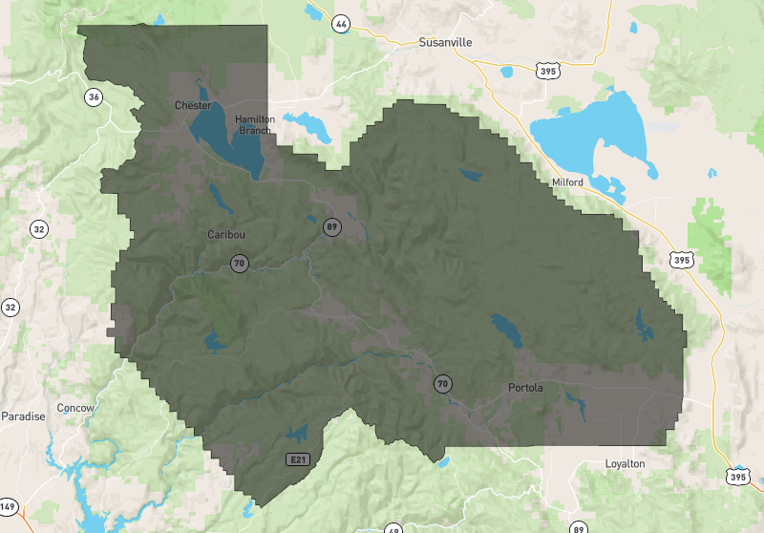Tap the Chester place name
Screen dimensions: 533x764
(192, 105)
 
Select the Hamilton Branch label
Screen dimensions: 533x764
(255, 124)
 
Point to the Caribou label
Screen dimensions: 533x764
(226, 234)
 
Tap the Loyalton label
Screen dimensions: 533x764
(625, 463)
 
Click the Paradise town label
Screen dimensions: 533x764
(23, 416)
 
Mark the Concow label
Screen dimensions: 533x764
(75, 408)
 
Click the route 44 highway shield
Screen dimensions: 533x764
(339, 23)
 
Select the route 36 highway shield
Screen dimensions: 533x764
(93, 96)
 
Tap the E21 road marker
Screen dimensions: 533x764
(298, 459)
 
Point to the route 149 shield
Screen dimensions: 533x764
(8, 505)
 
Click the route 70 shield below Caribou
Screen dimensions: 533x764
(238, 263)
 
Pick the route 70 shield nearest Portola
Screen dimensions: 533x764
(442, 384)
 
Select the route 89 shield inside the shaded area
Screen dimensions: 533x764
(331, 226)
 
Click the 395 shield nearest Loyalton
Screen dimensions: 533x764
(736, 476)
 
